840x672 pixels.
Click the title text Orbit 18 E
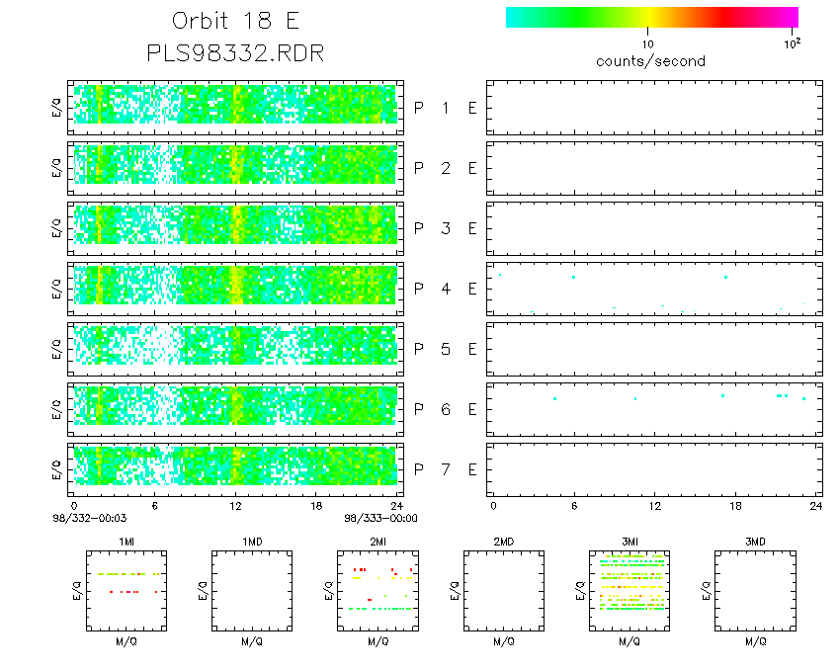tap(234, 21)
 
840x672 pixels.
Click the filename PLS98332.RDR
tap(234, 52)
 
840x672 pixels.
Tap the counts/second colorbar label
tap(650, 61)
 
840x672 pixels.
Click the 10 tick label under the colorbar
tap(648, 44)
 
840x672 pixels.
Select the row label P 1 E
tap(445, 108)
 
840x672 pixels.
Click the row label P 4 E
tap(445, 289)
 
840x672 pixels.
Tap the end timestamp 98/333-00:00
tap(380, 517)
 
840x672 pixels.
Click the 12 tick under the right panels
tap(654, 506)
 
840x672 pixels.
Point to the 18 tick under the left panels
tap(316, 506)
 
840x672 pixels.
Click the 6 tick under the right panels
tap(573, 506)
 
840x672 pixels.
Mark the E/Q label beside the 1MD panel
tap(203, 591)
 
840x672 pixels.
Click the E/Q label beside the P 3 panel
tap(56, 228)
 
